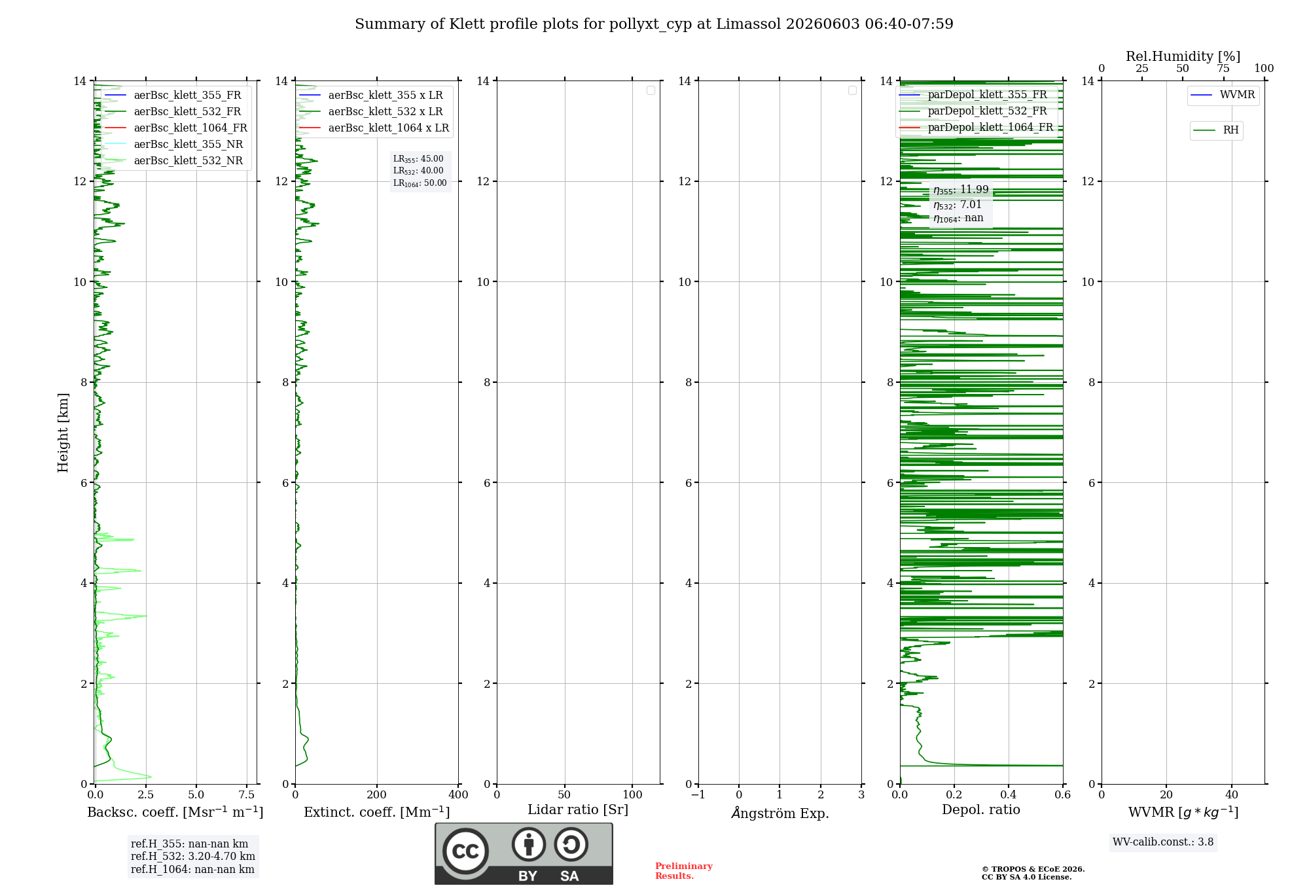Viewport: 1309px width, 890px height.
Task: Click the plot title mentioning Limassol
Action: click(x=654, y=24)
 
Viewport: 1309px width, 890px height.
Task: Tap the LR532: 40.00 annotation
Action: click(x=418, y=171)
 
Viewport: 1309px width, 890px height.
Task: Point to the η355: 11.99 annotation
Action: click(x=961, y=190)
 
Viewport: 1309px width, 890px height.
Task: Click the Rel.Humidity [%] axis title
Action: click(x=1183, y=56)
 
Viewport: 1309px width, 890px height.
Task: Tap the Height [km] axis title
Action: click(x=63, y=433)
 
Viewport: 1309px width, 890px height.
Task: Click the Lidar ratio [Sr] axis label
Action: click(x=578, y=810)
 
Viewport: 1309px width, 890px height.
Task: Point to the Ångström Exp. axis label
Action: click(x=780, y=813)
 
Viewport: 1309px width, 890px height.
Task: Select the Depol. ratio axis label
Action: click(x=980, y=810)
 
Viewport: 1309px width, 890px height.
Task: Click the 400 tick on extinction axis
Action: click(x=458, y=795)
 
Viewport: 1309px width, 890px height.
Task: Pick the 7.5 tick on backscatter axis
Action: click(x=247, y=795)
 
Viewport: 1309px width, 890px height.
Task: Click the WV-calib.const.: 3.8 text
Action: click(x=1163, y=842)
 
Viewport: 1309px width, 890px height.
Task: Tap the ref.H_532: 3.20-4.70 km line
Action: click(x=193, y=857)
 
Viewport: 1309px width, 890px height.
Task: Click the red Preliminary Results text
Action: click(x=684, y=871)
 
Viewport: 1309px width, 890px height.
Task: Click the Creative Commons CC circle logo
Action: click(x=465, y=851)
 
